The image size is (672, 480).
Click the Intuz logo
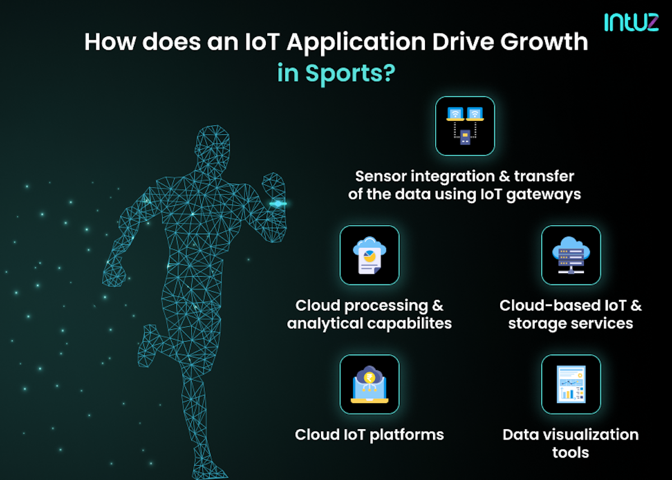point(631,22)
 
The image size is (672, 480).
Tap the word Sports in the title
point(342,73)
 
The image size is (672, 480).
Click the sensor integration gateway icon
point(465,126)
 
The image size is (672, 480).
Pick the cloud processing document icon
point(369,255)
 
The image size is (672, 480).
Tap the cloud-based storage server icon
point(571,255)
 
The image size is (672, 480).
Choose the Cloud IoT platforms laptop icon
point(369,384)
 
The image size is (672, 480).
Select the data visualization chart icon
point(571,384)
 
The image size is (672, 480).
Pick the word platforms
point(409,435)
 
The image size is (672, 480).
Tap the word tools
point(571,452)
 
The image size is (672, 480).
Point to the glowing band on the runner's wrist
point(278,204)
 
